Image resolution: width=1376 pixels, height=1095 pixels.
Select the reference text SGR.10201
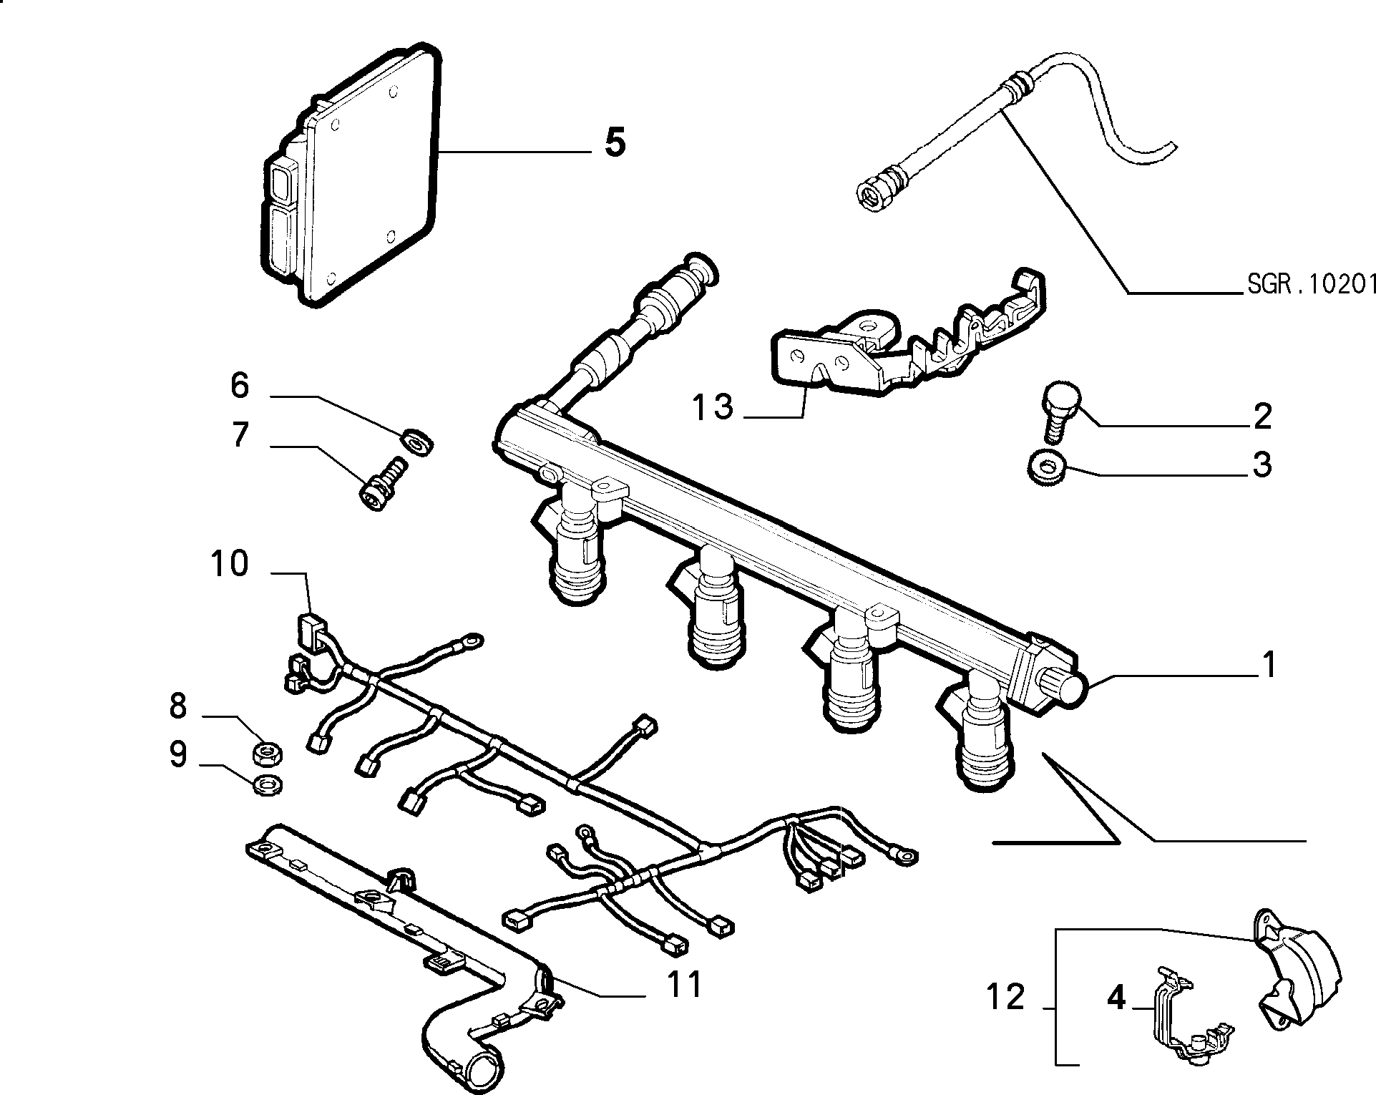pos(1312,285)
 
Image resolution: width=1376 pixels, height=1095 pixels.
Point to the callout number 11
pos(685,985)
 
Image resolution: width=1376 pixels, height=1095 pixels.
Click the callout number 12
pos(1007,997)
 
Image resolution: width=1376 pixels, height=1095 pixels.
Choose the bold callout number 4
pos(1116,997)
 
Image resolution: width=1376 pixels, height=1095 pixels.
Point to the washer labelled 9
pos(268,786)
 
